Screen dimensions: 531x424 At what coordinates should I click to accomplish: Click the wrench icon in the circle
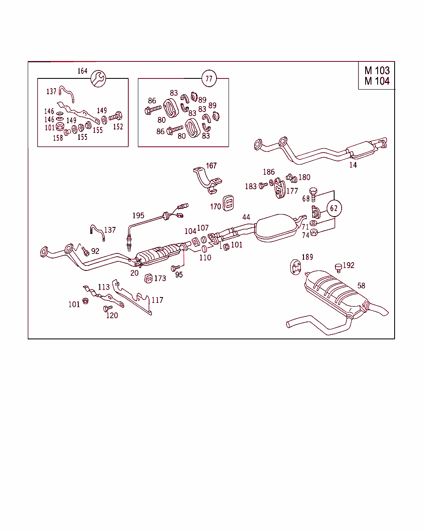pos(99,78)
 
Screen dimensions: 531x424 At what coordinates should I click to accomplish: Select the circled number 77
pos(209,78)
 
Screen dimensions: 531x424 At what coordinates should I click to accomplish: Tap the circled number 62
pos(334,208)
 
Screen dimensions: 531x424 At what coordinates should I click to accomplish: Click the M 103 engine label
pos(377,71)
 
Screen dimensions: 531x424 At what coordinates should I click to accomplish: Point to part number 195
pos(138,216)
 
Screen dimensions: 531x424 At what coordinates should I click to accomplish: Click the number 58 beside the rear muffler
pos(361,286)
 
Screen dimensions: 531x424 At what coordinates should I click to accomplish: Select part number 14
pos(353,165)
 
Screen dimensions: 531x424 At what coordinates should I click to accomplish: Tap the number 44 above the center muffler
pos(246,217)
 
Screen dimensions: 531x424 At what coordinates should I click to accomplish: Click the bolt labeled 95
pos(175,268)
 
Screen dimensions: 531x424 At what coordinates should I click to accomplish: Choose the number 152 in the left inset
pos(118,127)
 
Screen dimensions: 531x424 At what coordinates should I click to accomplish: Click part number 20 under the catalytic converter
pos(135,273)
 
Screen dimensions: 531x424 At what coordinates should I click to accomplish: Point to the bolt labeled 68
pos(313,191)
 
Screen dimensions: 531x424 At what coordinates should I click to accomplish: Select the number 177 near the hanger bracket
pos(292,191)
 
